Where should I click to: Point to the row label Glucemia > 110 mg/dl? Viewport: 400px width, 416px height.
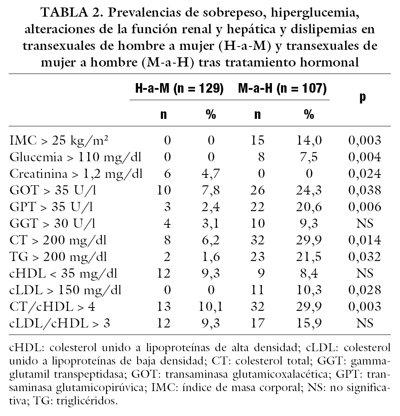pos(75,157)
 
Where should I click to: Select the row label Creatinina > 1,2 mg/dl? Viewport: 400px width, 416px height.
pos(76,174)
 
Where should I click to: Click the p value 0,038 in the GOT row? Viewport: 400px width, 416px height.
pos(364,190)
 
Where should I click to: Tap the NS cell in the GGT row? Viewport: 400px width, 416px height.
pos(364,224)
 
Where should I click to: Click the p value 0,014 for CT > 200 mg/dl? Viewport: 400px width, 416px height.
pos(364,240)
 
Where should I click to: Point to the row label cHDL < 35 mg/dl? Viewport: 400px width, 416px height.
pos(64,273)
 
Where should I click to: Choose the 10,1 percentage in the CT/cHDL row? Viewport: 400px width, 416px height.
pos(210,307)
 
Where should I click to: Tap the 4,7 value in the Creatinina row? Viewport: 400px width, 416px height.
pos(210,174)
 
